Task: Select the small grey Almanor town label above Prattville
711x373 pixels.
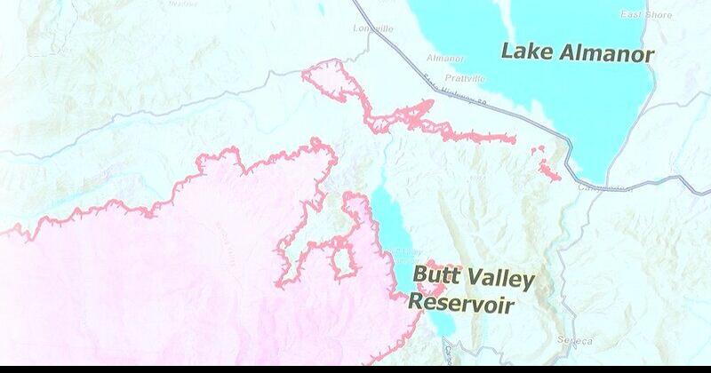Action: click(x=445, y=59)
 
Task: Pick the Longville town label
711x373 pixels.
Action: click(x=371, y=28)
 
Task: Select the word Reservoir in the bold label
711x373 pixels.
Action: click(x=462, y=304)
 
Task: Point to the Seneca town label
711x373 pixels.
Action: click(x=572, y=340)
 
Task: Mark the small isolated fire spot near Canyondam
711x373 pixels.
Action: click(x=548, y=169)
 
